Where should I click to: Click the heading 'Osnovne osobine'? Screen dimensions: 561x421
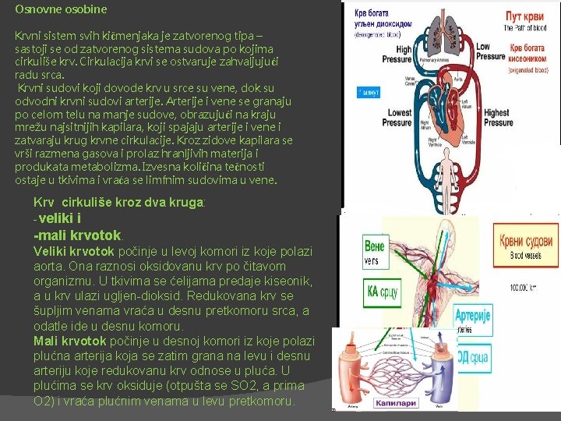tap(61, 10)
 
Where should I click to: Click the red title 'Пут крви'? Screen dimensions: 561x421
tap(524, 15)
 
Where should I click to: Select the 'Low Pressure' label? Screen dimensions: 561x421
tap(491, 51)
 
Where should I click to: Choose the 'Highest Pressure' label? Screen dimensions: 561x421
tap(499, 118)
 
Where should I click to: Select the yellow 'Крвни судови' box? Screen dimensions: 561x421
tap(527, 238)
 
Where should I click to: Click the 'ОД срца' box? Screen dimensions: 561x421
tap(472, 359)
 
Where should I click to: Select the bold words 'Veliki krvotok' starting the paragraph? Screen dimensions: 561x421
tap(75, 251)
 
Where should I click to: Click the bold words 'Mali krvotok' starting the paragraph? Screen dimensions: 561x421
tap(70, 341)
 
